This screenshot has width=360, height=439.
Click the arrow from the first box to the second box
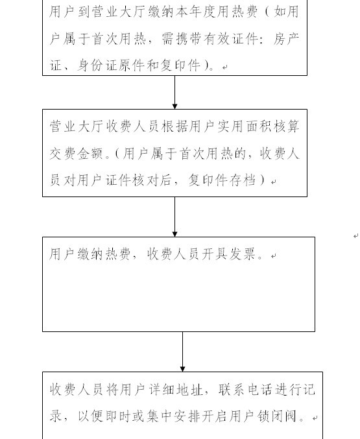175,92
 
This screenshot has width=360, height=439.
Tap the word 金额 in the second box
90,154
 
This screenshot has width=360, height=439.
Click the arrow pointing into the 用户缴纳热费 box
175,217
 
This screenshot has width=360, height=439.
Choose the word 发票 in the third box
243,254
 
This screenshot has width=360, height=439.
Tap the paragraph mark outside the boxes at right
356,236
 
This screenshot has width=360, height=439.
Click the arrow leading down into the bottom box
182,351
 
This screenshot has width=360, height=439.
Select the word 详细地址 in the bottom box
176,390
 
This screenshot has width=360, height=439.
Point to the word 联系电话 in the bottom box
246,390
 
